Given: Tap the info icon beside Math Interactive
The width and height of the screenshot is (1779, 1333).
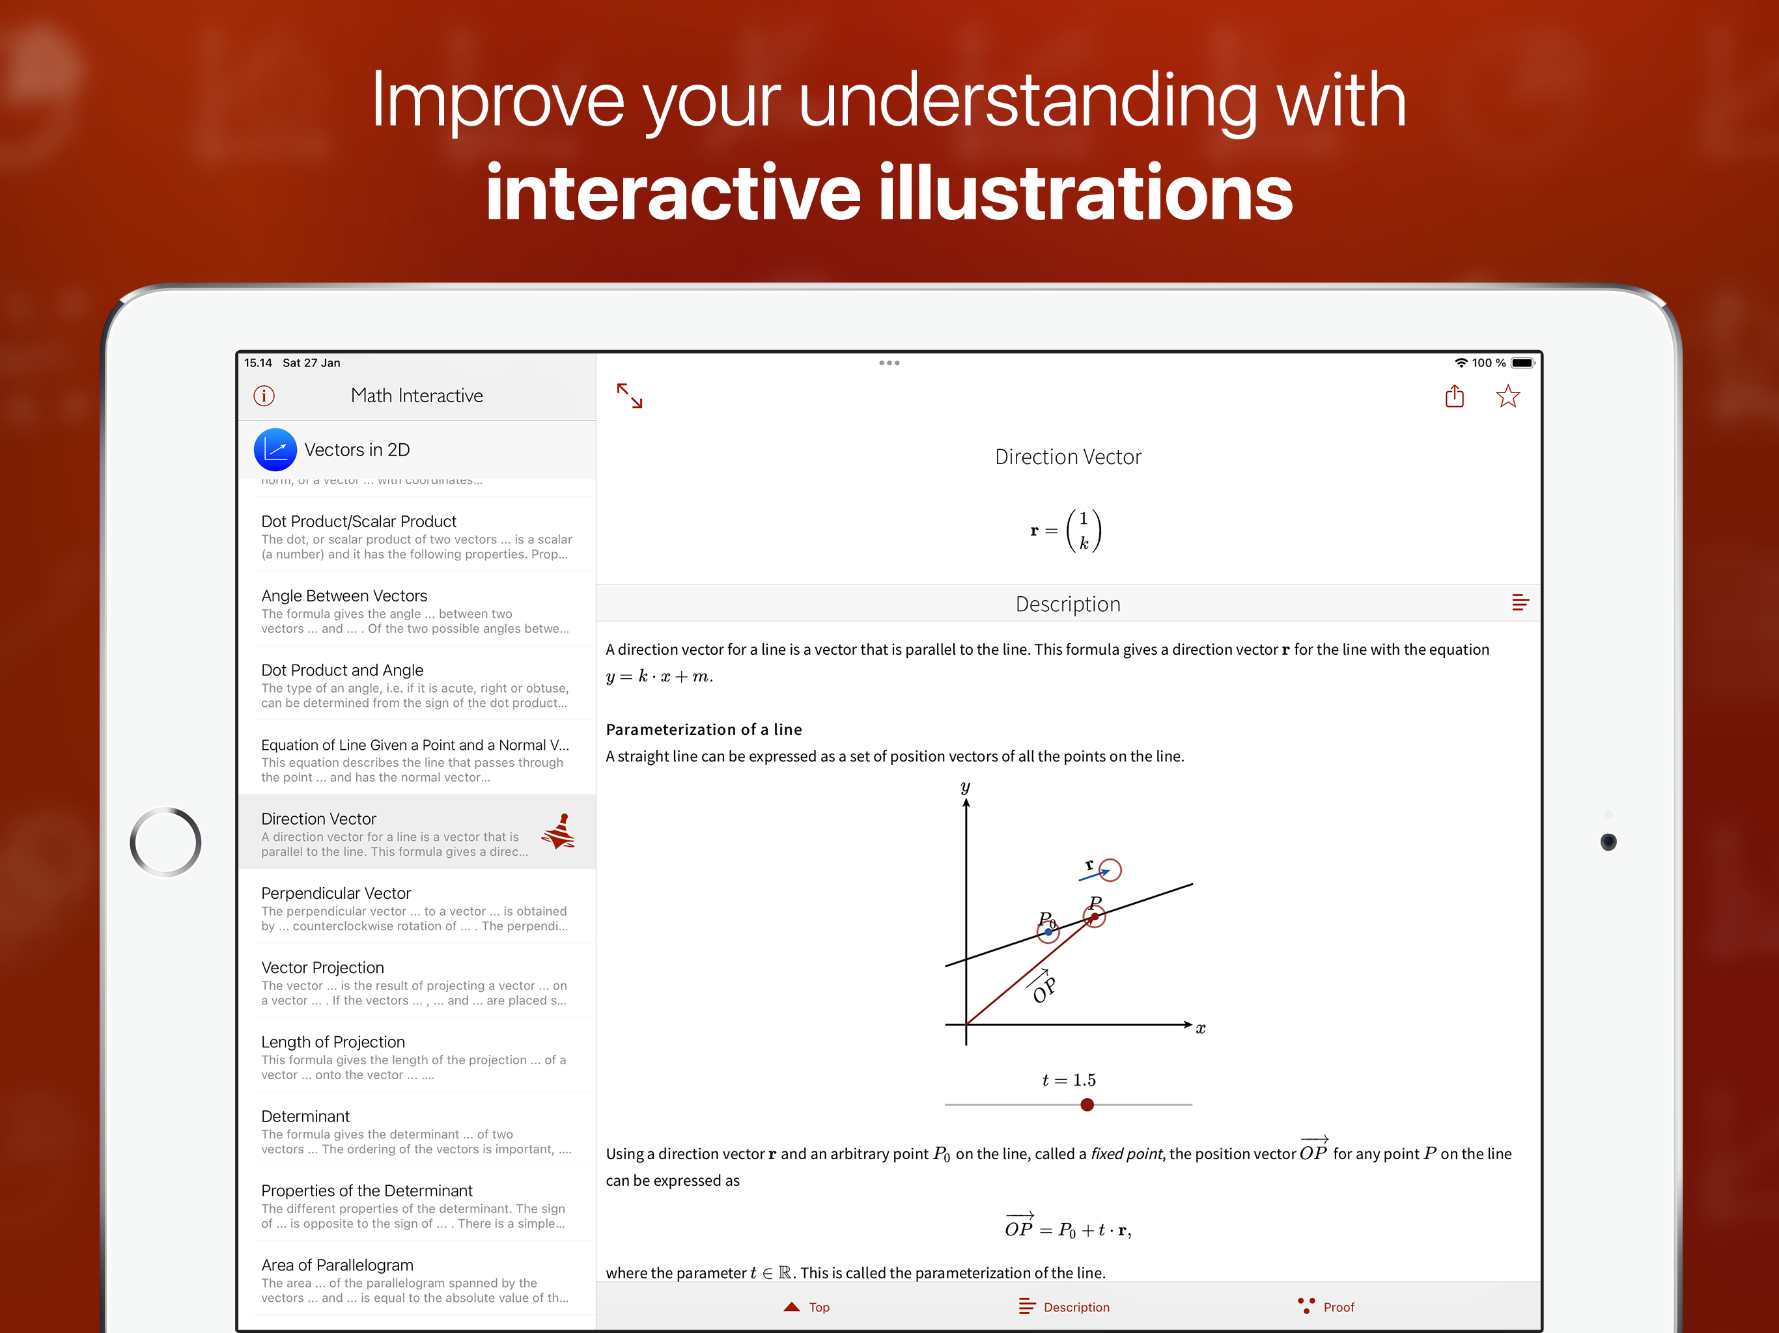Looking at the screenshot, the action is [264, 396].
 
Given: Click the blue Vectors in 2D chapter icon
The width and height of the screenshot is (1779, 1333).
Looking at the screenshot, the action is [275, 449].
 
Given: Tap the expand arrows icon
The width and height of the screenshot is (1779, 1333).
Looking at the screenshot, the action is [630, 396].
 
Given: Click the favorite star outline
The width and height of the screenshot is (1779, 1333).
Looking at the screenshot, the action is [1508, 396].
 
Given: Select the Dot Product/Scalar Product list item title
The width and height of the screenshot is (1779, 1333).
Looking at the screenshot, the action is [359, 521].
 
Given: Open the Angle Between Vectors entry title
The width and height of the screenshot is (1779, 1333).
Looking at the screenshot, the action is [344, 596].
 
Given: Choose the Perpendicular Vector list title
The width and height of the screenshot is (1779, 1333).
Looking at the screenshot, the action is [336, 893].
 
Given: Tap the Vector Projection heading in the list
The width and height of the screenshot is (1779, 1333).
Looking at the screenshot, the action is [322, 967].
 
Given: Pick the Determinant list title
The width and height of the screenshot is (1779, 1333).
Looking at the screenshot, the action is [305, 1116].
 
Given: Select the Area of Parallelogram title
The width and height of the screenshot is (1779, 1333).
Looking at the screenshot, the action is [337, 1265].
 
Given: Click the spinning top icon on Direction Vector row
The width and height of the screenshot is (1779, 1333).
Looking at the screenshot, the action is [559, 831].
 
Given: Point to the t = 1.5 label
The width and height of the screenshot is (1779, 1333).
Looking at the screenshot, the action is [1069, 1080].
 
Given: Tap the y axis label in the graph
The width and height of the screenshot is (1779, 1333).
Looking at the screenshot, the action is [965, 787].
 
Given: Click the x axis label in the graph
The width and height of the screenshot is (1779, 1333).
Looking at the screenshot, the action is [1201, 1028].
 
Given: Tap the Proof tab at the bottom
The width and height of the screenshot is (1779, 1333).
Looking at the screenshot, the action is [1326, 1307].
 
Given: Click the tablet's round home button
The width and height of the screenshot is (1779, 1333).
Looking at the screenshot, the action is [165, 842].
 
